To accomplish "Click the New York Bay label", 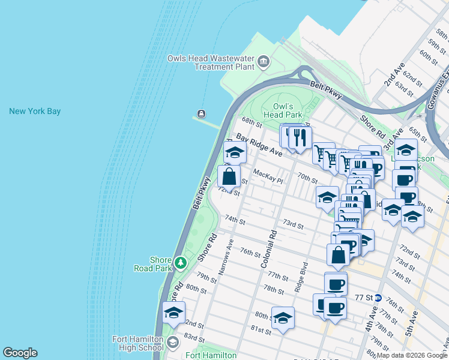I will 35,111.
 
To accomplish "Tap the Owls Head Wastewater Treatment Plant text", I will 210,62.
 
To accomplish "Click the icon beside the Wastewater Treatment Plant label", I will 263,62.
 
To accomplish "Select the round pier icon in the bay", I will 200,114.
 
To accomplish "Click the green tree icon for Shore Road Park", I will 180,262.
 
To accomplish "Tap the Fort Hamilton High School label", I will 138,343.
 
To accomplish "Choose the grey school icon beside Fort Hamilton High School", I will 173,343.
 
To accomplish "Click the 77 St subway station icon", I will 378,298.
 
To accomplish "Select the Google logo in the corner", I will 20,353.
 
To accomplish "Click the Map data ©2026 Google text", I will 411,355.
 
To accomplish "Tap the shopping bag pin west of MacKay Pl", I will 229,177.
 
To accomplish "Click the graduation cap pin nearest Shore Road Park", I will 173,313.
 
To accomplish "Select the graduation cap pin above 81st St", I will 283,318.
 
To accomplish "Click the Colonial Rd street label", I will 268,249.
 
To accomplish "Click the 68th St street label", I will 252,124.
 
